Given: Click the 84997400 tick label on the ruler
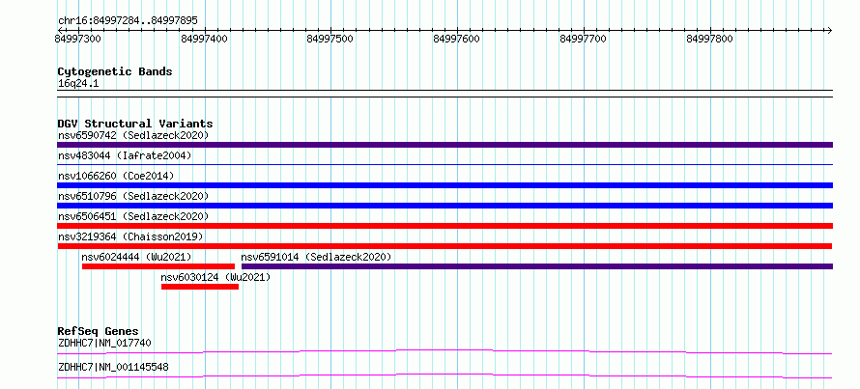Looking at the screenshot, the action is click(205, 39).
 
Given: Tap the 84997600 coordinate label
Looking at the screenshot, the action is click(456, 39).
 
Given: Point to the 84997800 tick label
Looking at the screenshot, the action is click(709, 39).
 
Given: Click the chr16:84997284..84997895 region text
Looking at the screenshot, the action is click(128, 21).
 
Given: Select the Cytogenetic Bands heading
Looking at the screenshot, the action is click(115, 71).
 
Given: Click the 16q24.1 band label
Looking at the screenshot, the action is click(78, 84).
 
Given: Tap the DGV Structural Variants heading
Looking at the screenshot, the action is click(135, 124).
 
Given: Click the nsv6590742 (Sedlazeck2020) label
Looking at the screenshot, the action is click(133, 135).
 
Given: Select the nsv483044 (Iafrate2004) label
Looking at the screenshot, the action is click(125, 155).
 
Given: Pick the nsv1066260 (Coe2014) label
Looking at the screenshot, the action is click(116, 176).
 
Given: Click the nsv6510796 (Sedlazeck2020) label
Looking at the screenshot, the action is click(133, 196).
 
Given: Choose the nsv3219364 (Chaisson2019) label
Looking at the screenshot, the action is click(130, 236).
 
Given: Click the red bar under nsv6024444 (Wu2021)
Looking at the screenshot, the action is click(158, 266).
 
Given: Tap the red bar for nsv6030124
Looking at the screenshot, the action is click(200, 287).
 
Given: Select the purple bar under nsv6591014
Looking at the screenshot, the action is click(537, 266).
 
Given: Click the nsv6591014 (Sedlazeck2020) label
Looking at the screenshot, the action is click(317, 257).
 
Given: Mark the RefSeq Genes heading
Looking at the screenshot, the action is click(99, 331).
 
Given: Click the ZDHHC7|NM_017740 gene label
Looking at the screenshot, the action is click(104, 343).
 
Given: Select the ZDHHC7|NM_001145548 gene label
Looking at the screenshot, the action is click(113, 367).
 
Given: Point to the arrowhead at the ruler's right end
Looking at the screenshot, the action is click(829, 30).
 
